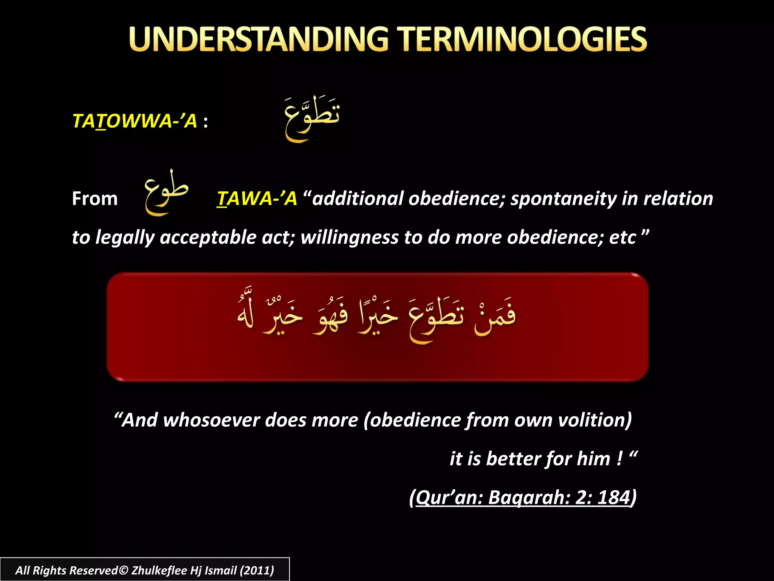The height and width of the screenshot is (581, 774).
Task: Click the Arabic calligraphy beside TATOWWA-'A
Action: pos(312,118)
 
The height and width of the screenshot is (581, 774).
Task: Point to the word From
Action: pos(95,199)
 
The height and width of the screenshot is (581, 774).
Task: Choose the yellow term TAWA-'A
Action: pos(257,199)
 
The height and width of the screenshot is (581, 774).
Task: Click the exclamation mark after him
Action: pos(619,459)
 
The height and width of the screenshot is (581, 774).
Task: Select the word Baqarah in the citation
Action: pos(529,497)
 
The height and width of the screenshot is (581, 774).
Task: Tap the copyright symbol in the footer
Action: pos(123,570)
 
